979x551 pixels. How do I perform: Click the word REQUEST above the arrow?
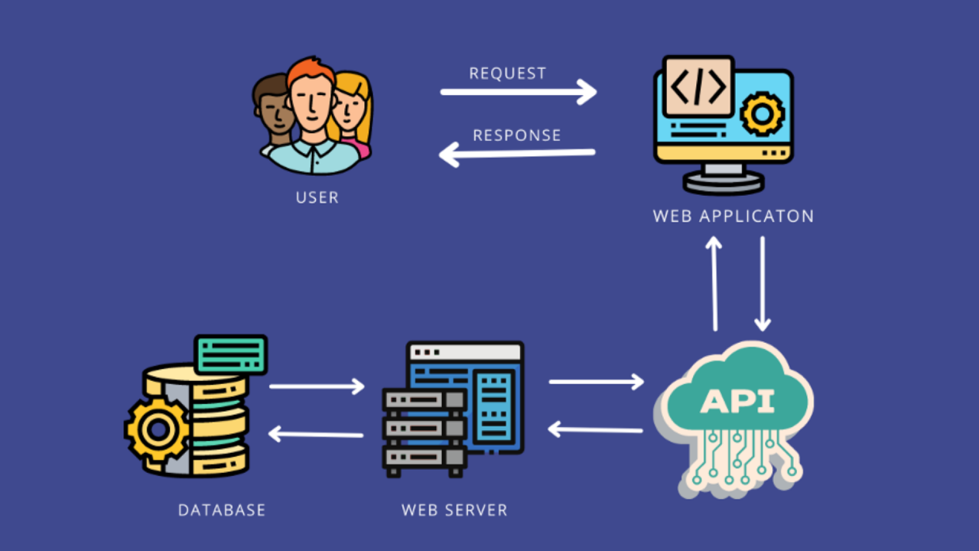click(507, 73)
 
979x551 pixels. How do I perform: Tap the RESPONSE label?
click(516, 135)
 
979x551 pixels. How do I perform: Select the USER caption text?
click(317, 197)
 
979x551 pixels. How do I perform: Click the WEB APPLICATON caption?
click(733, 216)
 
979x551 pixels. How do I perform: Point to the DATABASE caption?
click(222, 510)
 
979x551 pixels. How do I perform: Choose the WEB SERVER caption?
click(454, 510)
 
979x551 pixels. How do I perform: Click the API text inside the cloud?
click(737, 400)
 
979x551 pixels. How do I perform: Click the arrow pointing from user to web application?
click(518, 92)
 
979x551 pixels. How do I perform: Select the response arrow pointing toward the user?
click(517, 154)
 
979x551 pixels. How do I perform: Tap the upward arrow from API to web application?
click(714, 283)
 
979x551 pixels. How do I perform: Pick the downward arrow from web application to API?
click(763, 283)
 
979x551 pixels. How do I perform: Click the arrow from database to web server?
click(317, 386)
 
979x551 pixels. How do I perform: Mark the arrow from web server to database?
click(316, 434)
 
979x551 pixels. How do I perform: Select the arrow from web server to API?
click(596, 381)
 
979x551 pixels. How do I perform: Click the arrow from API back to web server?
click(596, 429)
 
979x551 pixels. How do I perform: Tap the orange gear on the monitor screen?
click(762, 114)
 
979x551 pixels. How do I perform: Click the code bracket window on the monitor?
click(698, 86)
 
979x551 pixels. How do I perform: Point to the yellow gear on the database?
click(157, 429)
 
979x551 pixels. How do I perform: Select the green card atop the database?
click(230, 354)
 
